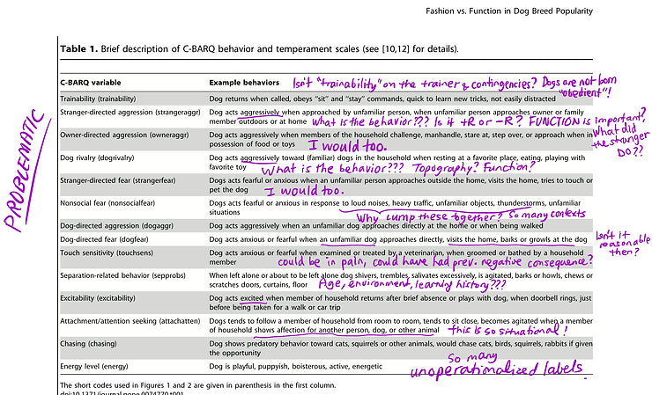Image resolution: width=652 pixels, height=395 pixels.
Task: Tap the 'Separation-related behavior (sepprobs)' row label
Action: point(129,276)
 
